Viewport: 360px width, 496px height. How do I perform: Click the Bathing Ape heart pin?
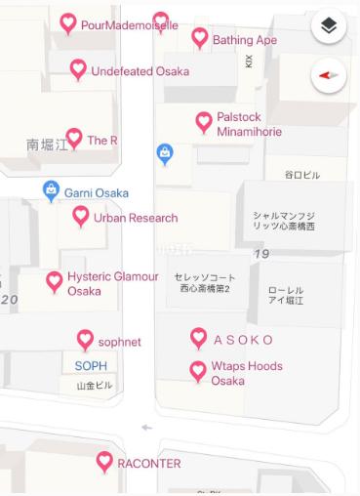[x=199, y=38]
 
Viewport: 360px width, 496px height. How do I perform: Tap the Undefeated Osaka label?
[x=140, y=71]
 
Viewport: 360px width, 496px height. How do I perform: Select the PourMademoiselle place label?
[x=129, y=25]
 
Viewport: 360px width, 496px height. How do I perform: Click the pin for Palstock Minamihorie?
[x=204, y=121]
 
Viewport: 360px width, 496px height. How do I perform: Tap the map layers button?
[x=329, y=27]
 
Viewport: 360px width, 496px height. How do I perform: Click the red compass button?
[x=329, y=75]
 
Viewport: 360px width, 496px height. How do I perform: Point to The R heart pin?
[x=74, y=139]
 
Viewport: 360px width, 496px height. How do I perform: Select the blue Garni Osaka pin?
[x=51, y=190]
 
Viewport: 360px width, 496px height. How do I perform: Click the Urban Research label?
[x=136, y=218]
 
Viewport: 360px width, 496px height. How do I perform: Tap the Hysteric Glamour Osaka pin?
[x=55, y=282]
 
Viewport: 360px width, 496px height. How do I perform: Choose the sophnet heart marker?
[x=85, y=340]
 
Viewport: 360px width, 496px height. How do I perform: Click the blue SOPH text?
[x=91, y=366]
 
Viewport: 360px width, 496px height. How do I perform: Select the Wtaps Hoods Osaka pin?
[x=198, y=370]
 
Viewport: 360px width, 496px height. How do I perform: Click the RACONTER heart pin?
[x=104, y=462]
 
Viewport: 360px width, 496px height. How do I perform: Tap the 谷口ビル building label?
[x=301, y=175]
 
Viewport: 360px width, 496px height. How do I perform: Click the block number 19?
[x=261, y=255]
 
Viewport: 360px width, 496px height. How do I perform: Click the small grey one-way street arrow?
[x=147, y=427]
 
